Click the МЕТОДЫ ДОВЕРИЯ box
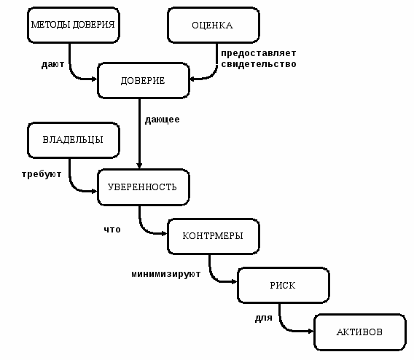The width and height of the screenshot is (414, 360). click(x=74, y=25)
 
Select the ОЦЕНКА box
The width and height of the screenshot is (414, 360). click(x=214, y=25)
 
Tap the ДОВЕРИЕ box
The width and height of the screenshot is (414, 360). click(x=144, y=80)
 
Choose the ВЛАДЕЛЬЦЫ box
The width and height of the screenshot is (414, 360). click(x=74, y=140)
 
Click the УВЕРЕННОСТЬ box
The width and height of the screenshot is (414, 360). click(x=144, y=187)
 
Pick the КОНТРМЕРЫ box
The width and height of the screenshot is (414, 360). click(x=214, y=236)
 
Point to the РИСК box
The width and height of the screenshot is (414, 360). click(x=284, y=285)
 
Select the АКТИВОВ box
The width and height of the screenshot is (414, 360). click(x=360, y=332)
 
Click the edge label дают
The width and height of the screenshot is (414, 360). click(x=52, y=64)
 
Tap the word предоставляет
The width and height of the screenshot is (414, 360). click(x=259, y=53)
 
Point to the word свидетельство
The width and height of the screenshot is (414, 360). click(x=259, y=64)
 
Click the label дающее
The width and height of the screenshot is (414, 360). click(x=162, y=120)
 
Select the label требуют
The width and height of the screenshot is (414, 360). click(x=42, y=174)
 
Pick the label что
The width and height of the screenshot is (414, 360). click(x=112, y=230)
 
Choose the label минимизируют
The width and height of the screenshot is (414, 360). click(x=165, y=274)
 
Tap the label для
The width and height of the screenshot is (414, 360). click(x=264, y=318)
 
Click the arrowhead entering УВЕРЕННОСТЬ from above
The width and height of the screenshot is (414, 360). click(x=139, y=165)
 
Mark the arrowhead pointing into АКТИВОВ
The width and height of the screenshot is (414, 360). click(x=310, y=331)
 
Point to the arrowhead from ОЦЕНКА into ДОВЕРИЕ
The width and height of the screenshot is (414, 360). click(x=192, y=79)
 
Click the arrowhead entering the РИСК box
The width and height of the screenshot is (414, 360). click(x=234, y=282)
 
